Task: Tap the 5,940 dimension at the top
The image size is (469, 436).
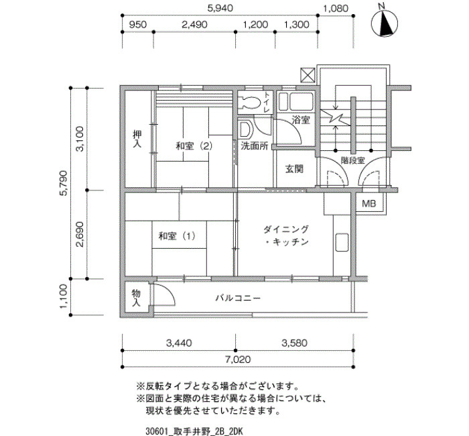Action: (x=220, y=8)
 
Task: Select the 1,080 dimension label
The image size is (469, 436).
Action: (x=336, y=8)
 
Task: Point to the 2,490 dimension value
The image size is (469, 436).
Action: (x=194, y=25)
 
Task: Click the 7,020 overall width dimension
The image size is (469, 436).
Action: (x=238, y=359)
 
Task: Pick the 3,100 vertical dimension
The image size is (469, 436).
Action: (x=80, y=139)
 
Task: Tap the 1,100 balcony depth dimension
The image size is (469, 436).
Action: (x=64, y=296)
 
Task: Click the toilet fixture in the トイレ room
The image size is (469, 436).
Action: (x=250, y=103)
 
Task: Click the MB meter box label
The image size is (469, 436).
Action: (x=368, y=204)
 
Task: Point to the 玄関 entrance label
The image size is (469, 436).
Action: (x=294, y=169)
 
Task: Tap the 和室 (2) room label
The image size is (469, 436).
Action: (x=194, y=146)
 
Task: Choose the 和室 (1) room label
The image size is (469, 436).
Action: (x=177, y=236)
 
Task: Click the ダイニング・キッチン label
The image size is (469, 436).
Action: (x=286, y=235)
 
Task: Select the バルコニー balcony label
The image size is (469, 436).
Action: (x=238, y=298)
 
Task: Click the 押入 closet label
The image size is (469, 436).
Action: (x=137, y=139)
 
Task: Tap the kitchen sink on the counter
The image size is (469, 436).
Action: (x=342, y=242)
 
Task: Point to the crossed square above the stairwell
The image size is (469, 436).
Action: (x=308, y=75)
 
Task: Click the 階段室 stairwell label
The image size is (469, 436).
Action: (x=353, y=160)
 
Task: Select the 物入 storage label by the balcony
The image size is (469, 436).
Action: (x=136, y=298)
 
